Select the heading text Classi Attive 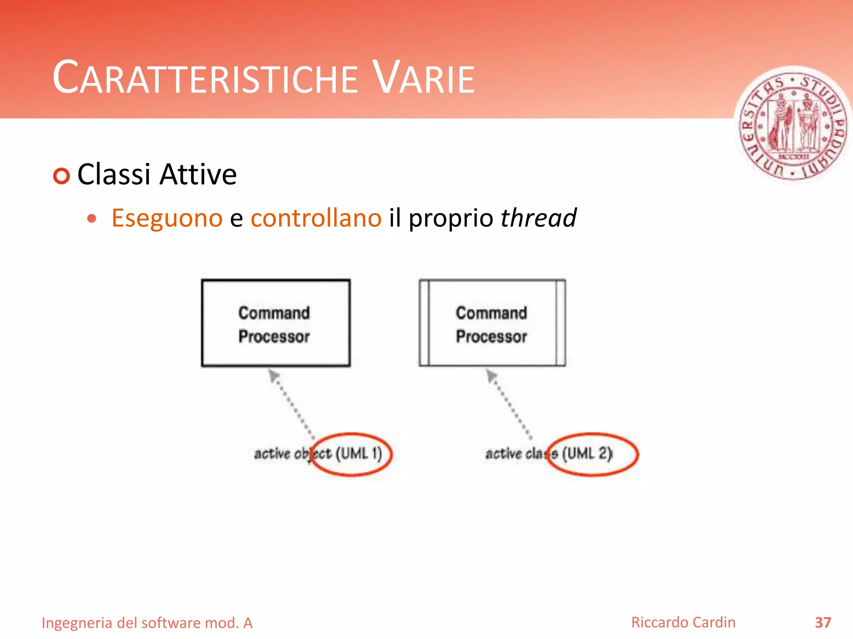(157, 174)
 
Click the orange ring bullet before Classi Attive (62, 176)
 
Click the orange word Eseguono (167, 218)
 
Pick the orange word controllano (316, 218)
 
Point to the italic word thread (538, 218)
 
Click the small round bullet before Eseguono (92, 218)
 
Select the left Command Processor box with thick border (276, 323)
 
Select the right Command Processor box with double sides (492, 323)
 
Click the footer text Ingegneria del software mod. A (147, 623)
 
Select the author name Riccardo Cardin (683, 622)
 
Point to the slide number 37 (823, 623)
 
